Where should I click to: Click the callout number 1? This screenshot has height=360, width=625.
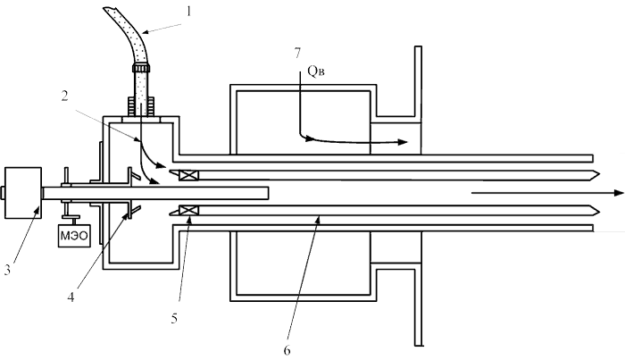pyautogui.click(x=189, y=12)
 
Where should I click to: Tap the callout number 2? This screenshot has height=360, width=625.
pyautogui.click(x=64, y=96)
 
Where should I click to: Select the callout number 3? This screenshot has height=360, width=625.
pyautogui.click(x=7, y=270)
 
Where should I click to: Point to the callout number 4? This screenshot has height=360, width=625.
pyautogui.click(x=71, y=297)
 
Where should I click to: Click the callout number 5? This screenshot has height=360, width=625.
pyautogui.click(x=174, y=319)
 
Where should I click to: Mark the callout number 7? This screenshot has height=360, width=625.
pyautogui.click(x=297, y=53)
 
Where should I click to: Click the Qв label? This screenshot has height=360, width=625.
pyautogui.click(x=316, y=71)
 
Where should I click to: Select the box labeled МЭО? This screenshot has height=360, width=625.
pyautogui.click(x=74, y=236)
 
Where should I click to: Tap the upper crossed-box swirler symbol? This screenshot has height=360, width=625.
pyautogui.click(x=188, y=175)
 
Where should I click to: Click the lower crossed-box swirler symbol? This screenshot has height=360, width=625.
pyautogui.click(x=188, y=210)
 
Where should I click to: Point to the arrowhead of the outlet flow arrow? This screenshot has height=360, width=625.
pyautogui.click(x=619, y=193)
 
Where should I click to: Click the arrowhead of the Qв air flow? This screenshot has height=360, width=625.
pyautogui.click(x=403, y=142)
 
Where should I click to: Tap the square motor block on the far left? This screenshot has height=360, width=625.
pyautogui.click(x=23, y=193)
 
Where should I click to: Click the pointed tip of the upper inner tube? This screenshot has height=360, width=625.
pyautogui.click(x=599, y=174)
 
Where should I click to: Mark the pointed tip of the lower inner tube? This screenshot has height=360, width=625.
pyautogui.click(x=599, y=210)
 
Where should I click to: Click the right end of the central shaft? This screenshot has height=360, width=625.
pyautogui.click(x=268, y=193)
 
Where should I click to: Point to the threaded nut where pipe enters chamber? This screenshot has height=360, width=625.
pyautogui.click(x=141, y=106)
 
